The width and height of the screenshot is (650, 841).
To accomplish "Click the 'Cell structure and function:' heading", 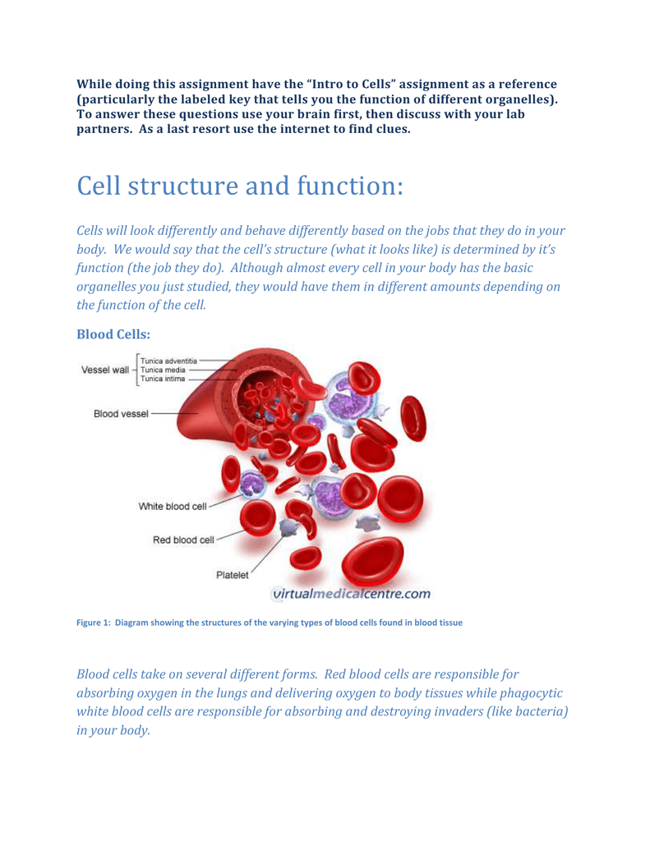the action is pos(239,186).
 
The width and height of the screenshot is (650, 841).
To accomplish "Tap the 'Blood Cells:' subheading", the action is pos(113,334).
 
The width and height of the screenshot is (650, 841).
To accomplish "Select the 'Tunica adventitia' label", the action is pos(168,361).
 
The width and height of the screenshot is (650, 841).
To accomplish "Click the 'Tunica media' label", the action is pos(163,370).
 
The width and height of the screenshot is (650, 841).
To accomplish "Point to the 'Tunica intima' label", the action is pos(163,379).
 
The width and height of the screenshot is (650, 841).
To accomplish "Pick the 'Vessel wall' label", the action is pos(104,370).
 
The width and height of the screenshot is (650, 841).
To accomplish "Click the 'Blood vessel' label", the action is pos(121,414).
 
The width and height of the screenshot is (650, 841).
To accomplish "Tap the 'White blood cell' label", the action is pos(173,506).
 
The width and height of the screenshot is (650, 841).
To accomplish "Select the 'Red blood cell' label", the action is pos(183,540).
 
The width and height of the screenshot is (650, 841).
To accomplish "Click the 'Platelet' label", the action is pos(232,575).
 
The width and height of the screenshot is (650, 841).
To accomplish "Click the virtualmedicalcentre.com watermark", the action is pos(352,594).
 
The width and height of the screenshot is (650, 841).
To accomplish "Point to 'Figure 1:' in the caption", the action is pos(94,623).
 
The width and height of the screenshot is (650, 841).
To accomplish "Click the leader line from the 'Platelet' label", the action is pos(266,554).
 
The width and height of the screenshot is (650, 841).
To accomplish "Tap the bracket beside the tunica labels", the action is pos(138,370).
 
